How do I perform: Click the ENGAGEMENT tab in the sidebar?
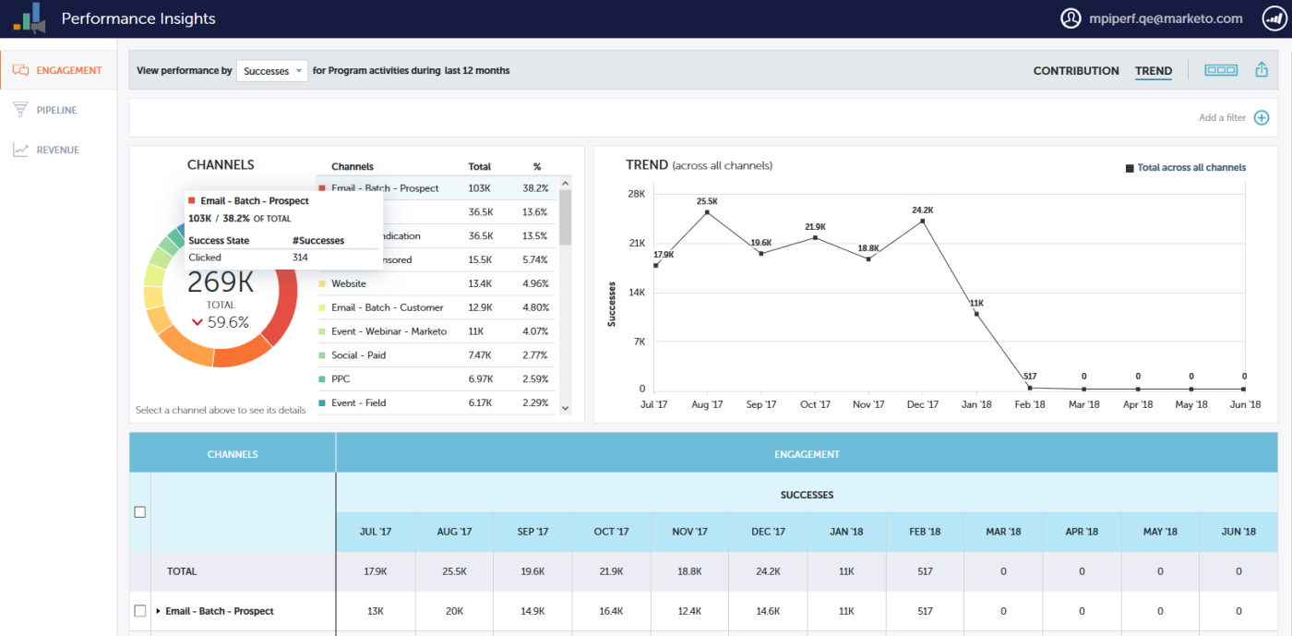click(59, 70)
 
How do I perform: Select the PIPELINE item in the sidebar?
click(56, 110)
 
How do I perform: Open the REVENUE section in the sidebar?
click(57, 150)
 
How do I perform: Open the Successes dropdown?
click(272, 71)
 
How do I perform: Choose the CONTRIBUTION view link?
click(1076, 71)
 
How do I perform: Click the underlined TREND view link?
click(1154, 71)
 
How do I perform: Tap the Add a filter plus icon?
click(1262, 117)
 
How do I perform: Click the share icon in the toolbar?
click(1262, 70)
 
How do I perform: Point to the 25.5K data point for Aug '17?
click(707, 212)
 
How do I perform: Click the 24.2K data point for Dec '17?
click(923, 221)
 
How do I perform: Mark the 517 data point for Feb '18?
click(1030, 388)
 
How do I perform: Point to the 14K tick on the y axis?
click(636, 293)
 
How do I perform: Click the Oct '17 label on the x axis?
click(815, 404)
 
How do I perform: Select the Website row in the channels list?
click(349, 284)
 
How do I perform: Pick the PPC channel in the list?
click(341, 379)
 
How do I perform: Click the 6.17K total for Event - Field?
click(480, 403)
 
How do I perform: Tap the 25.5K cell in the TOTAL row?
click(453, 571)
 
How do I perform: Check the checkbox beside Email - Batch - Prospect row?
click(140, 611)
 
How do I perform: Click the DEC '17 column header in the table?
click(767, 532)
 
